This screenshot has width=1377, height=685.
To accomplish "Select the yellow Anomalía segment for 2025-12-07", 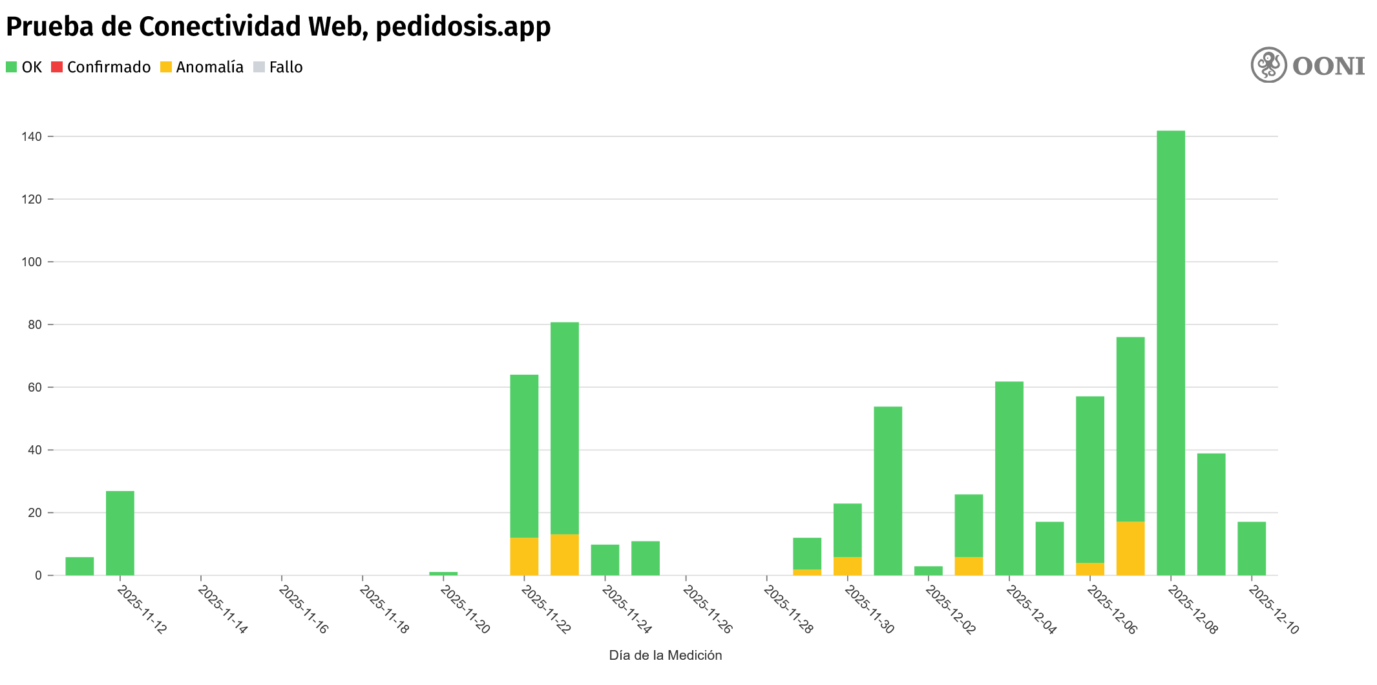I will pyautogui.click(x=1130, y=549).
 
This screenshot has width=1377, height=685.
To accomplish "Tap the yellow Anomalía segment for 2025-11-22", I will pyautogui.click(x=524, y=556).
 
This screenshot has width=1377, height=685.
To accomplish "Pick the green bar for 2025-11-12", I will pyautogui.click(x=120, y=533).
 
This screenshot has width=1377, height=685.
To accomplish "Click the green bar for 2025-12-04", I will pyautogui.click(x=1009, y=478).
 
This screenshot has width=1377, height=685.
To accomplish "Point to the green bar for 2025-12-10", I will pyautogui.click(x=1252, y=549).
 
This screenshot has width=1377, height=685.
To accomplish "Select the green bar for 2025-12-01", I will pyautogui.click(x=888, y=491).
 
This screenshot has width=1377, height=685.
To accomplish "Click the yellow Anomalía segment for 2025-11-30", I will pyautogui.click(x=847, y=566).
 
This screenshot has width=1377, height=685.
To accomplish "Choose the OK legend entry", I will pyautogui.click(x=24, y=67).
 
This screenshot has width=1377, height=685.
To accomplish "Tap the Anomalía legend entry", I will pyautogui.click(x=202, y=67).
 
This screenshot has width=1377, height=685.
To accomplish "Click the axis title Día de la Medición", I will pyautogui.click(x=665, y=655).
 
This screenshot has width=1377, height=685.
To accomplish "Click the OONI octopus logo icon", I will pyautogui.click(x=1268, y=65).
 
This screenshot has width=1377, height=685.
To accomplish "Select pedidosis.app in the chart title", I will pyautogui.click(x=463, y=27).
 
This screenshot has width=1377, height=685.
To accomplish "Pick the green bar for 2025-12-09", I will pyautogui.click(x=1211, y=514).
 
